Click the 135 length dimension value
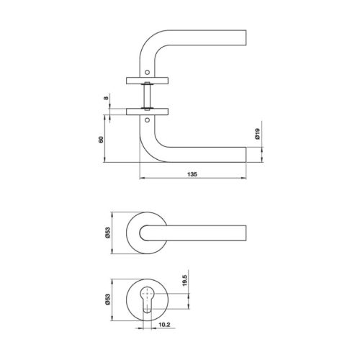(x=192, y=174)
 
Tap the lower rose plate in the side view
(x=148, y=110)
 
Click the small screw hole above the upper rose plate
(x=149, y=72)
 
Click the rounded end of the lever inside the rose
(x=147, y=232)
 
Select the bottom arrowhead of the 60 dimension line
(x=109, y=163)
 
